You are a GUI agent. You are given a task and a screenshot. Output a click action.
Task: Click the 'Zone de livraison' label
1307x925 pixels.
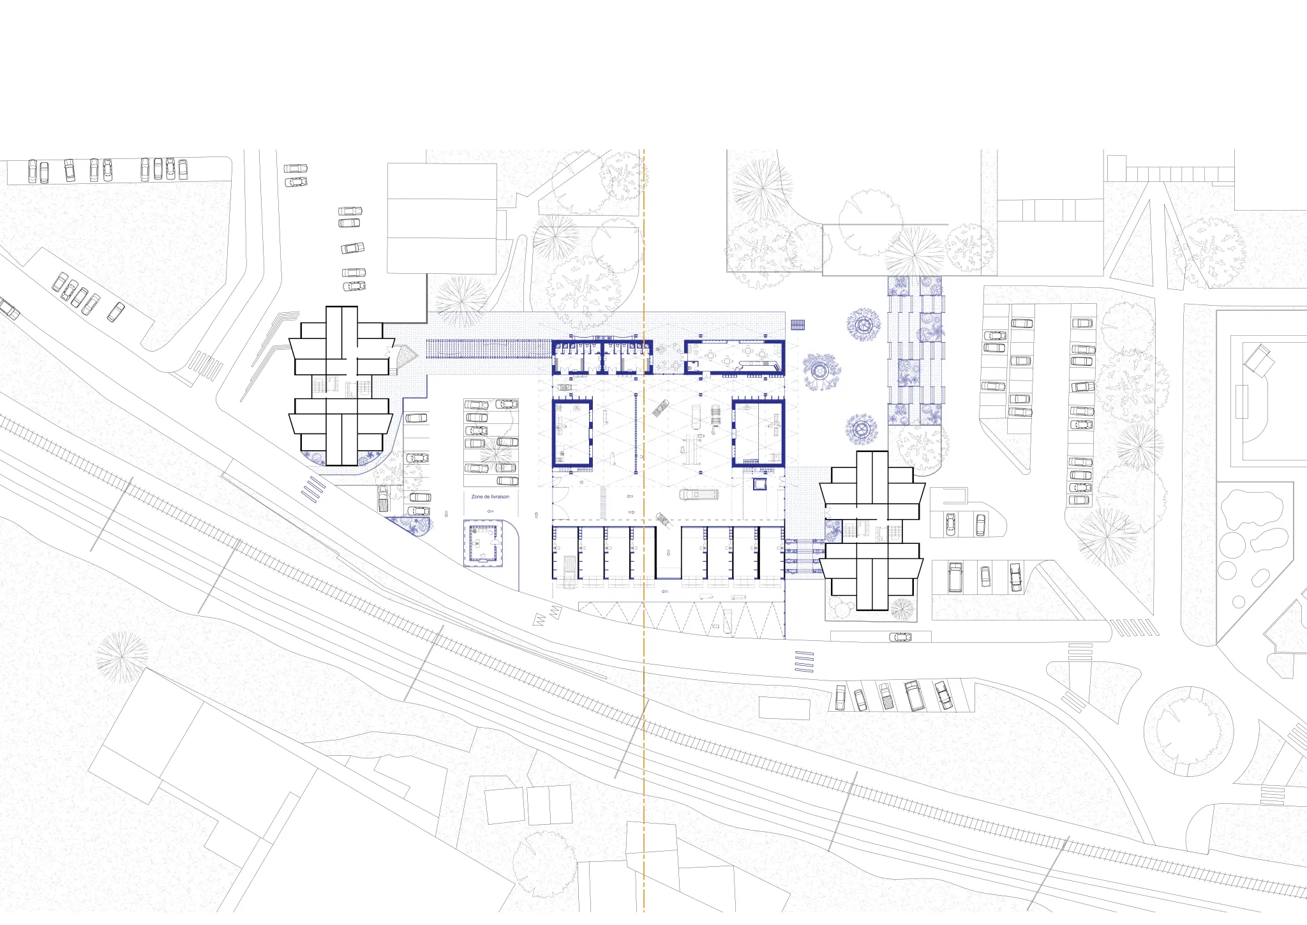click(x=490, y=497)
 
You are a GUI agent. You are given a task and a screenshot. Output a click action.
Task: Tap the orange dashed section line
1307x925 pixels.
click(x=644, y=530)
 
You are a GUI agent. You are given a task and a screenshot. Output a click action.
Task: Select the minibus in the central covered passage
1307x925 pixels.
click(x=698, y=494)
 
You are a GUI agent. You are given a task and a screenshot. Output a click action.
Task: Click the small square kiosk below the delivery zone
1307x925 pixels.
click(x=483, y=543)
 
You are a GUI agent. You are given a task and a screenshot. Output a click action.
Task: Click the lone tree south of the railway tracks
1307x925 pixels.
click(x=121, y=658)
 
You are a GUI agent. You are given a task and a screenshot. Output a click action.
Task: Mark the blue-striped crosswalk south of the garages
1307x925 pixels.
click(x=804, y=661)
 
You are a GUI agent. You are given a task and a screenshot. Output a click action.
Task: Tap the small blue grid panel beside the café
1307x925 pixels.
click(x=798, y=325)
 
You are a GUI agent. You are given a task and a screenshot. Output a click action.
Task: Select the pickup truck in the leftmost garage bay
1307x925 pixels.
click(x=568, y=569)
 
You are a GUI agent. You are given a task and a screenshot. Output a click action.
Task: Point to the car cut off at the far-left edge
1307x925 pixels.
click(x=8, y=308)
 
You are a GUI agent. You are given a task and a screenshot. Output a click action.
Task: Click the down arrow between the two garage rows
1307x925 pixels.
click(x=668, y=553)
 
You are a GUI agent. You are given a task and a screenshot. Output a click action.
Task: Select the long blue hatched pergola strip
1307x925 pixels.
click(x=488, y=349)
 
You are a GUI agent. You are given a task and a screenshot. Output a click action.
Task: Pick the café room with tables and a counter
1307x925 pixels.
click(x=734, y=357)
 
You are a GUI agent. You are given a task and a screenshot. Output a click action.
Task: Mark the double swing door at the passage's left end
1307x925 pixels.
click(x=560, y=512)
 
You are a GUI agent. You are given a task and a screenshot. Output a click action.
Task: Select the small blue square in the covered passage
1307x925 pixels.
click(x=759, y=484)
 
